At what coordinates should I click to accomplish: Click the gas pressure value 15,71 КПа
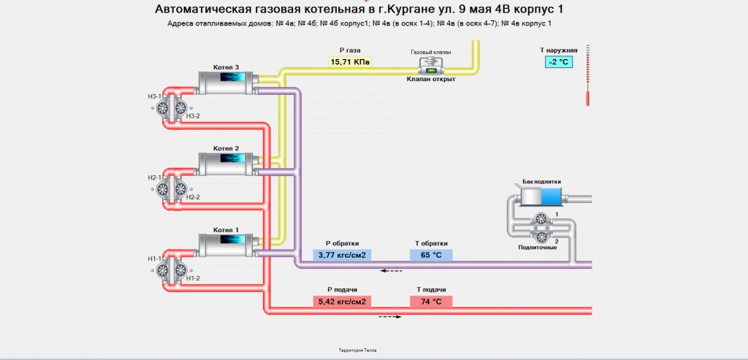coord(351,62)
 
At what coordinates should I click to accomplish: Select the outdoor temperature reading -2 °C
coord(560,62)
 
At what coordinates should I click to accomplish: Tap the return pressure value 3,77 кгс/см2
coord(341,255)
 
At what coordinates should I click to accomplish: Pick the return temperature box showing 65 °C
coord(431,255)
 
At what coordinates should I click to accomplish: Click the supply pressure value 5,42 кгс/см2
coord(341,301)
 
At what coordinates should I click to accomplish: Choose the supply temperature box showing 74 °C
coord(431,301)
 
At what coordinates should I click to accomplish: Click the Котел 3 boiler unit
coord(226,82)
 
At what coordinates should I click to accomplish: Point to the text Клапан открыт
coord(431,80)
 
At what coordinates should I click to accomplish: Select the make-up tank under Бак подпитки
coord(541,196)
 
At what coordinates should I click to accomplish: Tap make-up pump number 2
coord(541,237)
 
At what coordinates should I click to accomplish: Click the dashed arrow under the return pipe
coord(392,271)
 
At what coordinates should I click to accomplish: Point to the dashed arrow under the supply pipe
coord(390,317)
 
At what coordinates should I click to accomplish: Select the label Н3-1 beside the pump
coord(154,96)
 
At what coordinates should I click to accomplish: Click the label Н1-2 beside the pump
coord(193,279)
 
